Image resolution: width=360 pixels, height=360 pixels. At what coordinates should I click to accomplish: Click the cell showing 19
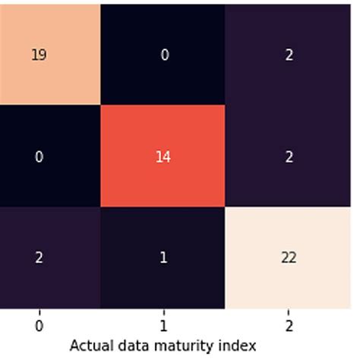38,55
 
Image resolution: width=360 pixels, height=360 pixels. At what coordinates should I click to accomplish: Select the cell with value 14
164,156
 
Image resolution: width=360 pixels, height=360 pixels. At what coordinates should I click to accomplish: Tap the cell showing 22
289,257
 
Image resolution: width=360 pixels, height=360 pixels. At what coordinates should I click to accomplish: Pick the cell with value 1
164,257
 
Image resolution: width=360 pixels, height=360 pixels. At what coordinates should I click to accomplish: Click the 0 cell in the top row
164,55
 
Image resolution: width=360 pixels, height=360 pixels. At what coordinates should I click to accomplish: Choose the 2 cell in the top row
289,55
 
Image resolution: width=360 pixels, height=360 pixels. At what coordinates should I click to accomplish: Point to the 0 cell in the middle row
38,156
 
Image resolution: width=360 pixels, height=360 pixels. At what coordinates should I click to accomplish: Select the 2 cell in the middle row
289,156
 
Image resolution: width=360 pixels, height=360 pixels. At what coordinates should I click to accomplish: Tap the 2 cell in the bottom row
38,257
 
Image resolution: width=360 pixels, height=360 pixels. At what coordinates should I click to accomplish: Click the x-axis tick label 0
38,324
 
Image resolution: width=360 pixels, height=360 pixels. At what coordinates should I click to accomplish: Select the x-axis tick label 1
164,324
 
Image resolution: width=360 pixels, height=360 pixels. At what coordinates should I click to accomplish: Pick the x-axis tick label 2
289,324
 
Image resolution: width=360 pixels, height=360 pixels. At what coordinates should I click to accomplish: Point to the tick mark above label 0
38,311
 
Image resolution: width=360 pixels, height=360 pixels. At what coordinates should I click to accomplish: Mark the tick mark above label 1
164,311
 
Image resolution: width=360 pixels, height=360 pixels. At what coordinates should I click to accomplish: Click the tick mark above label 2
289,311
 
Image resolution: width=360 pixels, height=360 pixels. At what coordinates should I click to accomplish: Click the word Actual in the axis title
89,345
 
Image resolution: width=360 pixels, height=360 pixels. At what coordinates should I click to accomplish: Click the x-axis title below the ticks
163,345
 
